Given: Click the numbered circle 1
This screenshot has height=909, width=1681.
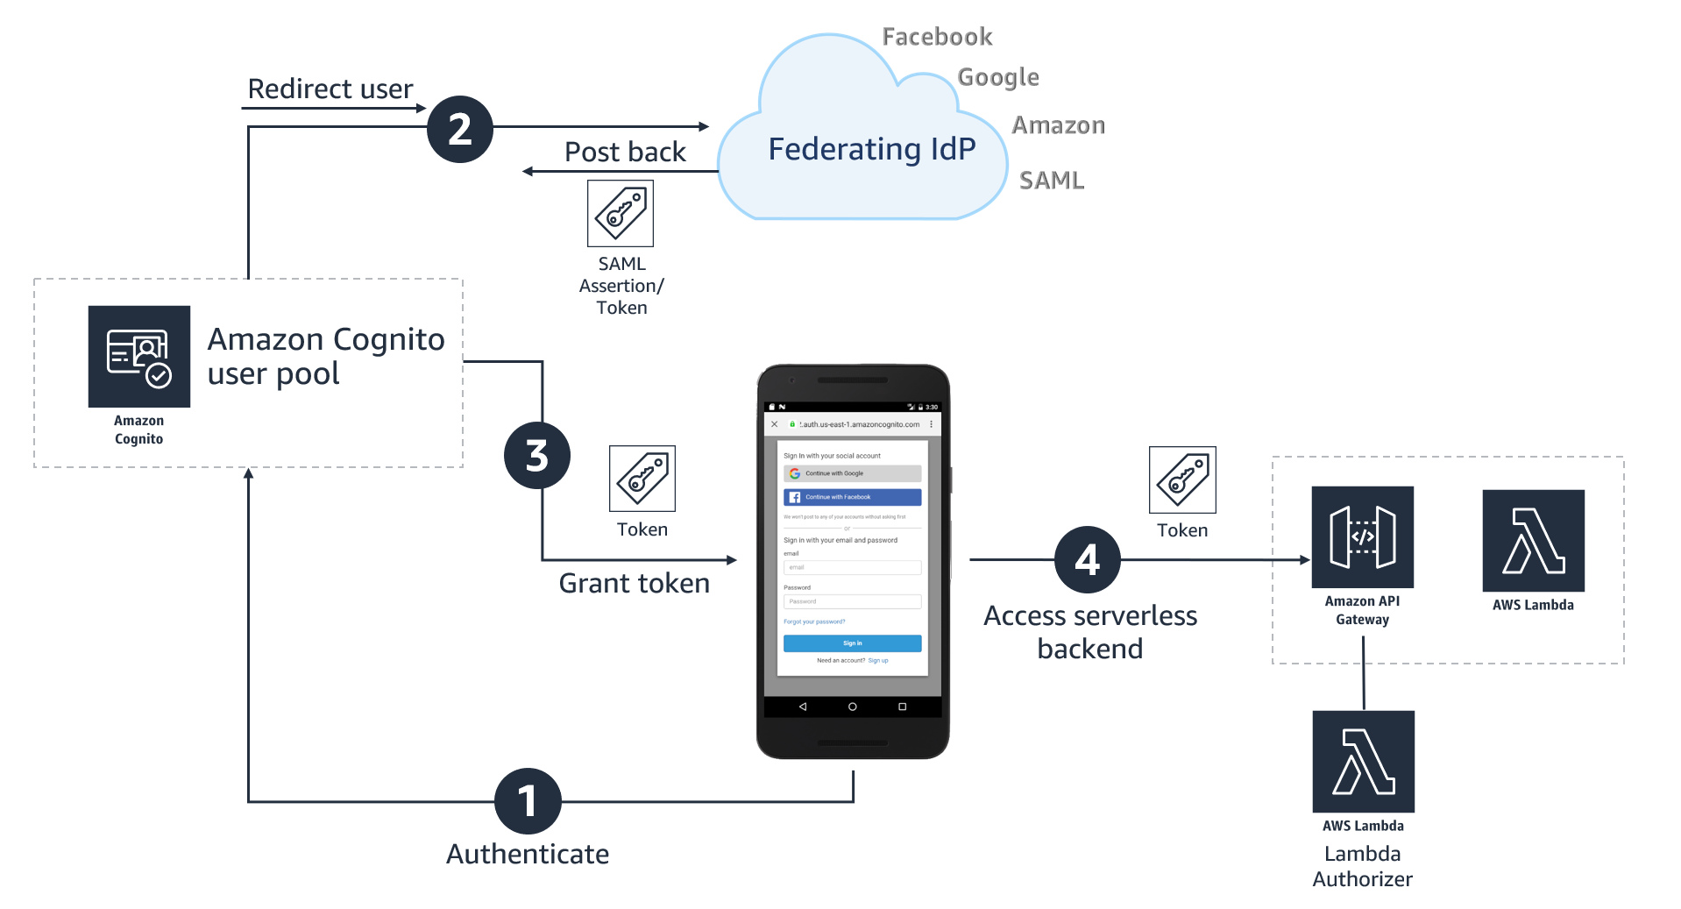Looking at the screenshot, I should click(x=528, y=800).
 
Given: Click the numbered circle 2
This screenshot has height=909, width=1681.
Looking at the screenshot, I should click(x=460, y=129).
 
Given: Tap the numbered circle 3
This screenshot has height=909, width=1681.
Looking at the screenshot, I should click(x=536, y=456).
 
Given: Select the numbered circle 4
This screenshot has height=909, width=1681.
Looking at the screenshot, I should click(x=1087, y=559).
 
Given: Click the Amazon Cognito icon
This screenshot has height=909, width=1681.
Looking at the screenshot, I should click(x=139, y=356).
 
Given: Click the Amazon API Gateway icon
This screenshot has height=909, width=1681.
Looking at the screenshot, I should click(x=1362, y=536).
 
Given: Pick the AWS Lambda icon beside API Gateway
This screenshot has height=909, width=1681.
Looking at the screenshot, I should click(x=1533, y=541).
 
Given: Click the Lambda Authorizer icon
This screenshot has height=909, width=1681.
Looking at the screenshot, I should click(x=1363, y=761).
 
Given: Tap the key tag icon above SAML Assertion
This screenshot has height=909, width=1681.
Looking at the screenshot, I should click(x=621, y=213).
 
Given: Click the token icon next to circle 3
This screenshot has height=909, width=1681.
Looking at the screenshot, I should click(x=642, y=479).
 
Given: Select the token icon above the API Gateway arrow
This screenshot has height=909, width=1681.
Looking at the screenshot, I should click(x=1182, y=479).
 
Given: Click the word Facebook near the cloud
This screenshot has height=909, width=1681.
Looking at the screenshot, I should click(x=936, y=37).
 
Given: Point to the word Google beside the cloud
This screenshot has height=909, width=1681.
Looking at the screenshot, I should click(x=997, y=77).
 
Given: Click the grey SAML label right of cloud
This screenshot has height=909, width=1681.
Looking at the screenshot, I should click(x=1051, y=181).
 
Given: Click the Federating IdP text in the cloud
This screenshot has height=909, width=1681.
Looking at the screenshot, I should click(x=871, y=149).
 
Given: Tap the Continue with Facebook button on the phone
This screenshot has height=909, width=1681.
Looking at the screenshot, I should click(x=852, y=497).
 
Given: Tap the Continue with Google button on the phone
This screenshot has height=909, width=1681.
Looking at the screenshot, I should click(x=852, y=473).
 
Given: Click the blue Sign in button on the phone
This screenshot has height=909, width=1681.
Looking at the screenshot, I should click(x=852, y=643).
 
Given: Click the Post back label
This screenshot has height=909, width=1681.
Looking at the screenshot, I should click(x=625, y=152).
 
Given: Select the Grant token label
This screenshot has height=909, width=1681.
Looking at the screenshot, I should click(x=634, y=583).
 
